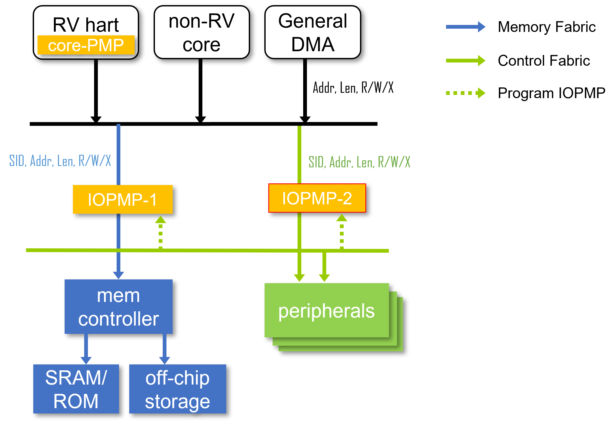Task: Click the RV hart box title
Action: pos(86,25)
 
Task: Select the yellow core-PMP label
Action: pos(86,45)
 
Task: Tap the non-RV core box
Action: pos(202,32)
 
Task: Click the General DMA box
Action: pos(313,32)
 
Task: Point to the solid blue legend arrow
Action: pos(465,27)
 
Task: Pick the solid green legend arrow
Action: pos(465,61)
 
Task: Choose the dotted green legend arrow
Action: pos(465,93)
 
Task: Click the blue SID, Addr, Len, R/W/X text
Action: pos(60,161)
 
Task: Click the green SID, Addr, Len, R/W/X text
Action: pos(359,162)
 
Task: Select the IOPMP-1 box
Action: pos(123,199)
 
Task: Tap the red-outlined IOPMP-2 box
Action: pos(317,198)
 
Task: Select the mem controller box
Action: pos(118,307)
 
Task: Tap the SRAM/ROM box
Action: pos(76,389)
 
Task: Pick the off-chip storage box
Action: pos(177,389)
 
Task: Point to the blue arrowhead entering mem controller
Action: pos(118,275)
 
